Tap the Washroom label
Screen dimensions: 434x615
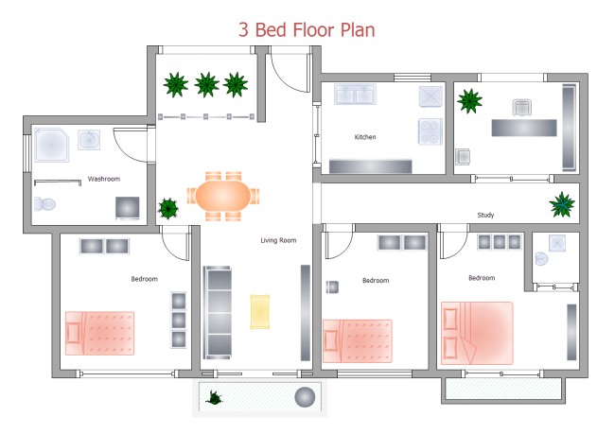pos(104,179)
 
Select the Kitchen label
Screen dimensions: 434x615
pos(365,137)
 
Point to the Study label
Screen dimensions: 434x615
pos(485,215)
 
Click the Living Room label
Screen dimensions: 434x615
pos(278,240)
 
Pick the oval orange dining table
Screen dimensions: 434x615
pos(224,197)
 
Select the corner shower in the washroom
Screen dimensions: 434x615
pos(51,145)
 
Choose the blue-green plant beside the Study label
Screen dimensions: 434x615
pos(562,203)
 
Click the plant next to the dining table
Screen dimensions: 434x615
pos(167,207)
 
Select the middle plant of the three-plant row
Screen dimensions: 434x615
pos(205,85)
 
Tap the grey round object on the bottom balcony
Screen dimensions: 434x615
pos(304,396)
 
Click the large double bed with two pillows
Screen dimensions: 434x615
pos(478,333)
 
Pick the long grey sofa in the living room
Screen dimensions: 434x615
pos(218,311)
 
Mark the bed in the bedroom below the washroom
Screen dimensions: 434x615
pos(100,332)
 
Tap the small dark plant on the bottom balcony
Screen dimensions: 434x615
pos(217,398)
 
